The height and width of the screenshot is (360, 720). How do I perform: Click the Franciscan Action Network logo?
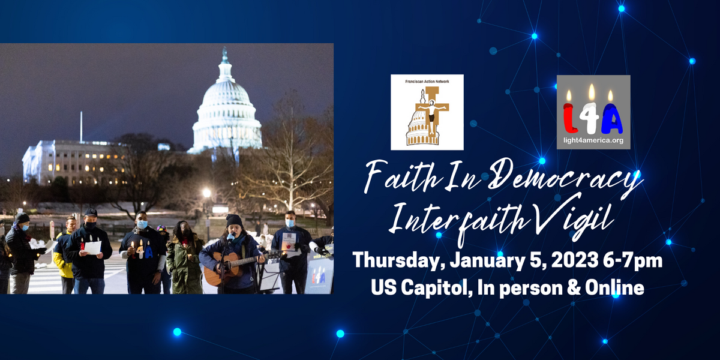tap(427, 112)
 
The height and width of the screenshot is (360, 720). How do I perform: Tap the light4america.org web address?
tap(593, 140)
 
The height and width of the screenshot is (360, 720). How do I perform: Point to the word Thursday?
tap(396, 261)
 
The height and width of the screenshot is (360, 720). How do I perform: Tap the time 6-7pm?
tap(632, 261)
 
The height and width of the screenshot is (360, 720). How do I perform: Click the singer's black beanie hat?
tap(234, 221)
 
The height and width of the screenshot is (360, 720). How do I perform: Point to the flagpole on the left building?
tap(82, 127)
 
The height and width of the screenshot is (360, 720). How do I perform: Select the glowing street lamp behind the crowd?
tap(206, 193)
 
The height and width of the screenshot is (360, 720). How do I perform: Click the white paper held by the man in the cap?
tap(92, 248)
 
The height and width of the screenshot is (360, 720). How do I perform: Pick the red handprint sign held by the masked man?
tap(289, 242)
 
